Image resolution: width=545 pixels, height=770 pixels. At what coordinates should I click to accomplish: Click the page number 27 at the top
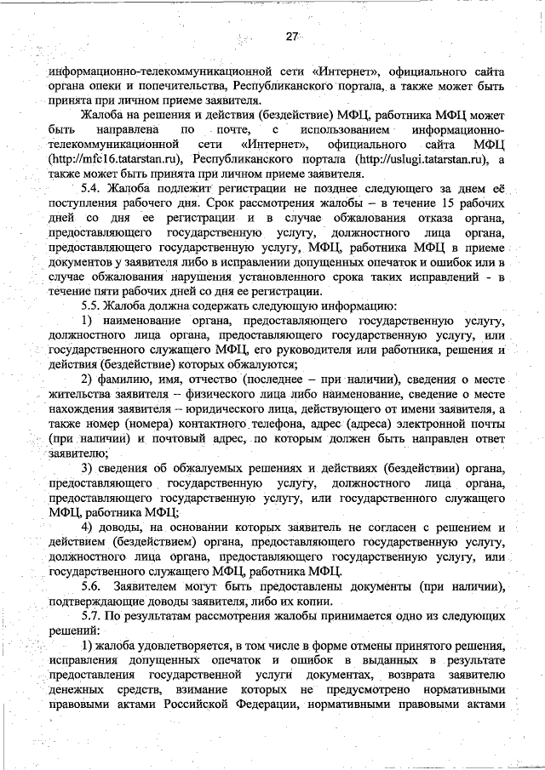coord(292,37)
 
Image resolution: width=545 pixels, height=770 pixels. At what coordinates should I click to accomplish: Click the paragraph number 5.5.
coord(92,305)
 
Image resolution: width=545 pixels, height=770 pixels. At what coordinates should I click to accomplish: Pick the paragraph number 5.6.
coord(92,589)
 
